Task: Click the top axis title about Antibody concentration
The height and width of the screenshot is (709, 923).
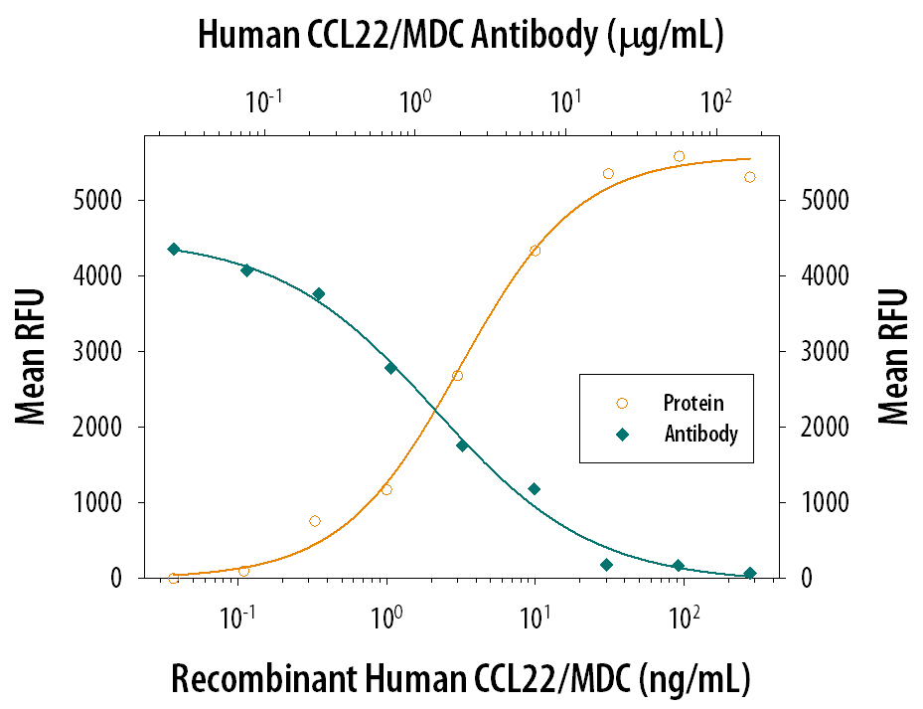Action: click(460, 36)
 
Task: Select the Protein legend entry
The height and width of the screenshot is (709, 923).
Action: click(693, 404)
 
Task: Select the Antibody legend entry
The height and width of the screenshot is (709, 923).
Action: click(700, 434)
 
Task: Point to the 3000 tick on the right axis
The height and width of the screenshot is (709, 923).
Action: click(819, 352)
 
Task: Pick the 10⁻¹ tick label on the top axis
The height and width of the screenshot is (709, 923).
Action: click(262, 100)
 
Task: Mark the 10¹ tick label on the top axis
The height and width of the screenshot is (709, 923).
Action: click(565, 100)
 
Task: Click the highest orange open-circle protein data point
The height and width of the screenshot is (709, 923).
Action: click(679, 156)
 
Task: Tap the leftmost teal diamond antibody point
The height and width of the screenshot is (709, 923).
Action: click(174, 249)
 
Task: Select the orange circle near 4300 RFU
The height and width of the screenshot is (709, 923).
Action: click(535, 251)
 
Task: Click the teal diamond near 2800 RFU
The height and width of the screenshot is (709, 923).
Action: click(390, 368)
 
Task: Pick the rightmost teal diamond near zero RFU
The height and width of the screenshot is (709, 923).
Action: click(749, 573)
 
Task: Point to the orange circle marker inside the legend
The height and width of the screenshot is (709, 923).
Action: click(622, 404)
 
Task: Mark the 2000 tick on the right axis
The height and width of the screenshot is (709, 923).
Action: click(819, 428)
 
